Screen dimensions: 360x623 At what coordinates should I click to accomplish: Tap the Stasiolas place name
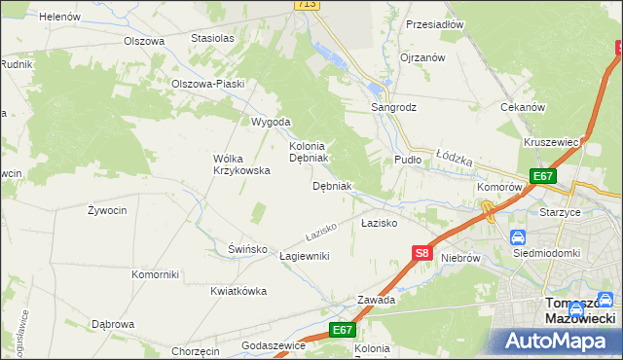[x=213, y=38]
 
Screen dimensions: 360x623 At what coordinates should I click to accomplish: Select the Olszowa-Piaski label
[x=207, y=84]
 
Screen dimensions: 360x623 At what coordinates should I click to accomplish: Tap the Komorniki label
[x=155, y=274]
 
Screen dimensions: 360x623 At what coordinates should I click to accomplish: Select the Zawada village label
[x=376, y=300]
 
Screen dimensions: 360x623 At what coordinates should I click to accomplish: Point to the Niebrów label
[x=460, y=258]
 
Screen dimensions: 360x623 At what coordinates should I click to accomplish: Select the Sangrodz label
[x=393, y=107]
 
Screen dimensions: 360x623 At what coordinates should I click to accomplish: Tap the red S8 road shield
[x=421, y=253]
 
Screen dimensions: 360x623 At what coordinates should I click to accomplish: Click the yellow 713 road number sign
[x=307, y=5]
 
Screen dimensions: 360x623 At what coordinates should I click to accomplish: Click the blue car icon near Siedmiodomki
[x=518, y=236]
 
